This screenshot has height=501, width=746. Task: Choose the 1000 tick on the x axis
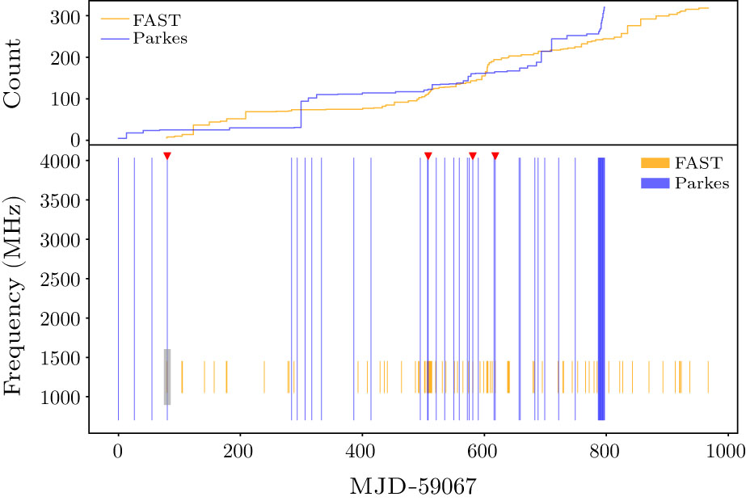point(727,449)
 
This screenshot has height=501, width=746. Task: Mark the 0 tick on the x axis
point(118,449)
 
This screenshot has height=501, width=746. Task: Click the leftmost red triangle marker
point(166,155)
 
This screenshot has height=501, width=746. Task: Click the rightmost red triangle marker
point(495,155)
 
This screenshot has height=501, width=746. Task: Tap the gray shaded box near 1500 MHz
point(167,377)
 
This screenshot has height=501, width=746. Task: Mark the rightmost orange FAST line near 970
point(708,377)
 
